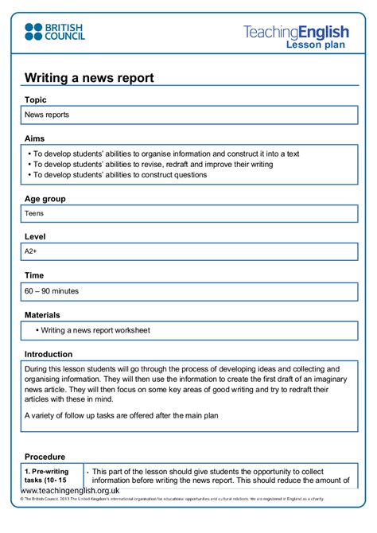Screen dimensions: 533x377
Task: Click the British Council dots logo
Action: click(33, 32)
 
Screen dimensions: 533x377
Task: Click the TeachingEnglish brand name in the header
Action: click(296, 32)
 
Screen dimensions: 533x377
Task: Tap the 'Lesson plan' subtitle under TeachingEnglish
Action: click(317, 45)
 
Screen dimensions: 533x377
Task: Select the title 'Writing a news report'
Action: click(88, 78)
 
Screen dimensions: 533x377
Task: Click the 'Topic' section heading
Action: click(36, 100)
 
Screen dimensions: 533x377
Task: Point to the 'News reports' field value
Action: click(47, 115)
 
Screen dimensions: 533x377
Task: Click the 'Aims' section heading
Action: click(35, 138)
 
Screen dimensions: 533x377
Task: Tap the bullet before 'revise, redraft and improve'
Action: click(28, 165)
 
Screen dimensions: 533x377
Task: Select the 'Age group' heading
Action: click(45, 199)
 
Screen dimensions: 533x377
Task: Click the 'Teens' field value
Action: click(34, 213)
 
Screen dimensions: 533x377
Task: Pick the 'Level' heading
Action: click(36, 237)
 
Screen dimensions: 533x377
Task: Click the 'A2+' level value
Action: click(32, 251)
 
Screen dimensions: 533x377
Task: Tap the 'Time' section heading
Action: click(35, 275)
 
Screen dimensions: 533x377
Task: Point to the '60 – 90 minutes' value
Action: click(52, 292)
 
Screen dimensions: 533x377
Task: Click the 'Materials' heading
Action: click(42, 315)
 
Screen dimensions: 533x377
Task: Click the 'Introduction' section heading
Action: click(49, 354)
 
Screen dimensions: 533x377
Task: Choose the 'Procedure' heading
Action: click(45, 457)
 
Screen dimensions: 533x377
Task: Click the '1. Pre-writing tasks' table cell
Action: click(52, 476)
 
